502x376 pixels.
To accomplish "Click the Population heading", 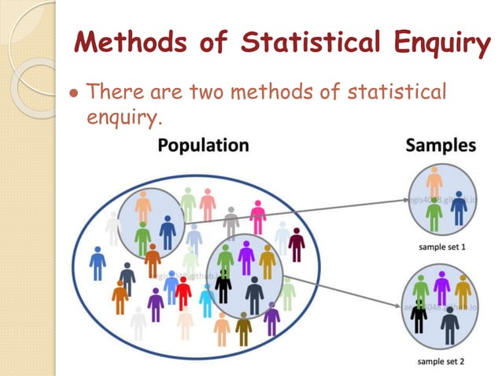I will [x=203, y=146].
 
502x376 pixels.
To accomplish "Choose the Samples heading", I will [x=441, y=146].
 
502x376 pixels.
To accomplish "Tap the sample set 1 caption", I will [x=441, y=247].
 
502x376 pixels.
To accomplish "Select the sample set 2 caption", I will [x=441, y=363].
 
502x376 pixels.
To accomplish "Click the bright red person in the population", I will [x=183, y=293].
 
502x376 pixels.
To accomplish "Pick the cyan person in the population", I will [x=206, y=300].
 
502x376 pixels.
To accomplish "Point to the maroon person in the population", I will [x=296, y=245].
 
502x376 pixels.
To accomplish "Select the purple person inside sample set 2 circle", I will [x=441, y=286].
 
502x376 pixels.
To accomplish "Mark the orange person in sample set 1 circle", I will [x=434, y=184].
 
